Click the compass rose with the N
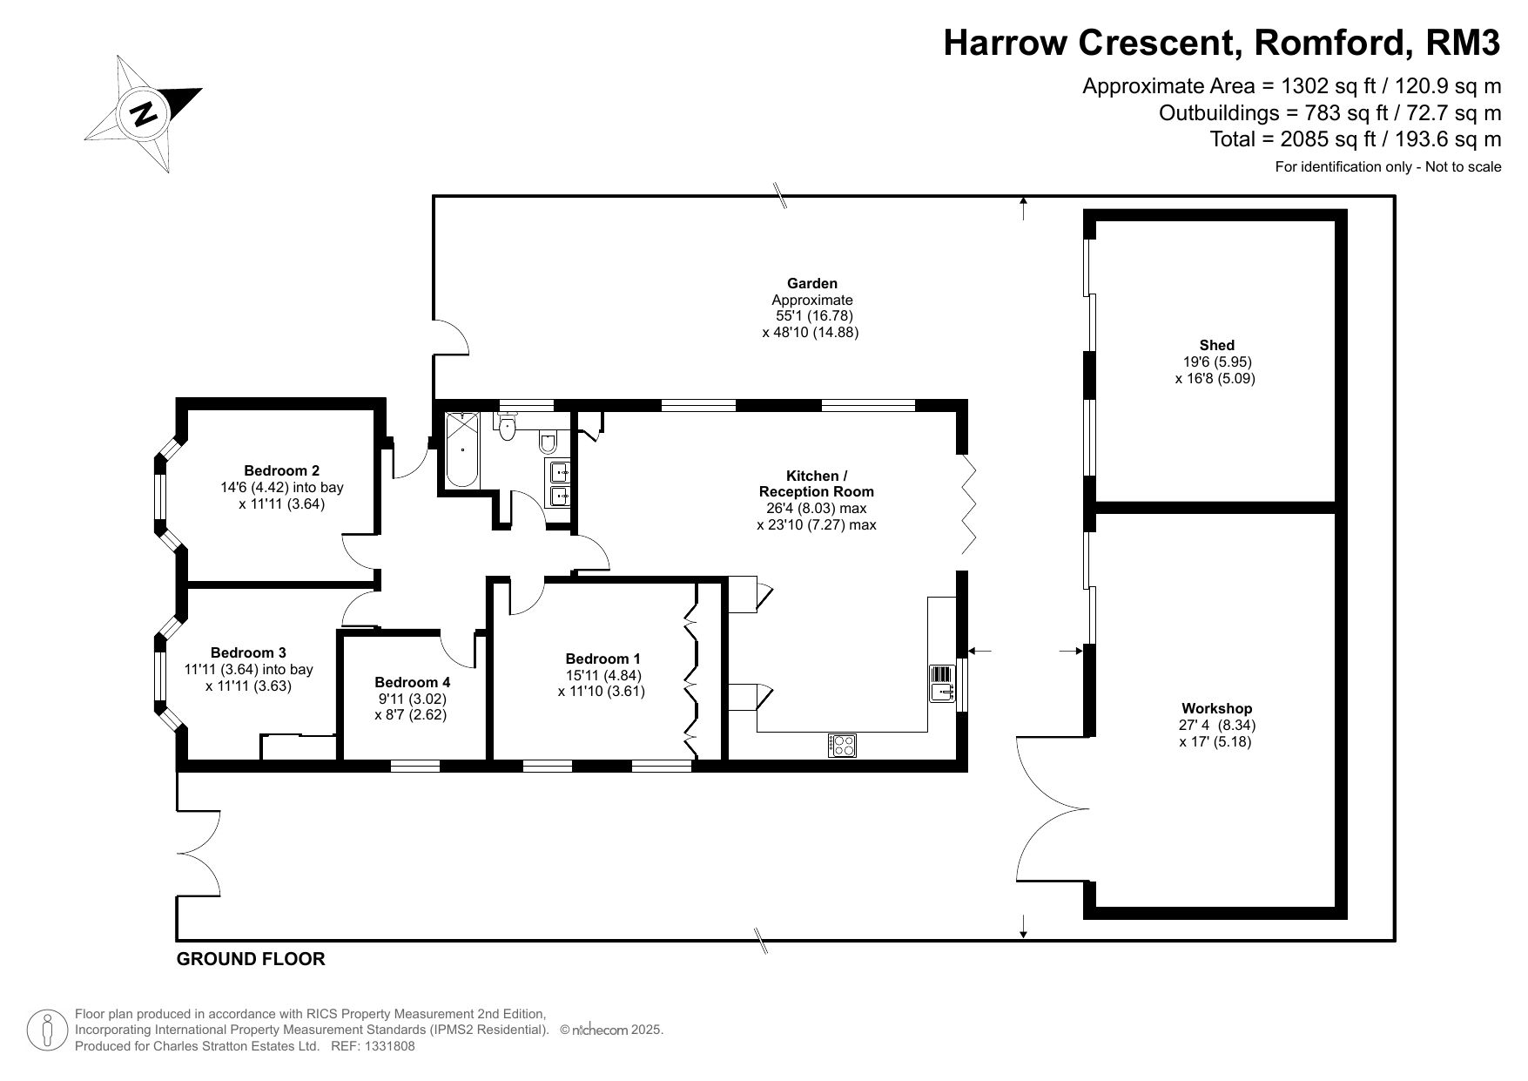(x=144, y=113)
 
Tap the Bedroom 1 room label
(x=602, y=659)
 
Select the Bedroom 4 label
(x=413, y=682)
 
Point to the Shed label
(x=1216, y=345)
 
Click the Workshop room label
(x=1216, y=708)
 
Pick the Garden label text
(x=812, y=283)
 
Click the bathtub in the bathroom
(x=461, y=449)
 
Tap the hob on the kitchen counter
(x=843, y=746)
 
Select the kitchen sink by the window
(x=943, y=684)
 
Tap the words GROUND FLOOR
(x=251, y=959)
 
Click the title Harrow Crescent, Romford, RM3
(x=1222, y=43)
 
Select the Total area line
(x=1356, y=139)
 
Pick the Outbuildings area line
(x=1330, y=112)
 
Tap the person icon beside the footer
(x=47, y=1030)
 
